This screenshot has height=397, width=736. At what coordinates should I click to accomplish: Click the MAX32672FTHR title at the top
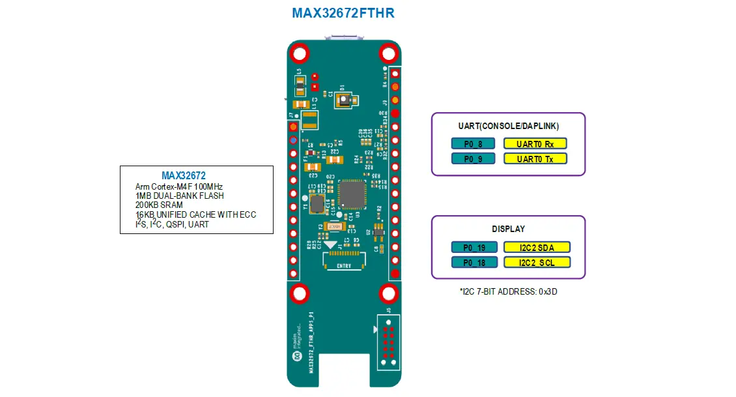[343, 13]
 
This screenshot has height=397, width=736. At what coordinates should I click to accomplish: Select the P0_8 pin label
[473, 143]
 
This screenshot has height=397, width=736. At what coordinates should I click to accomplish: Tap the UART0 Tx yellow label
[535, 158]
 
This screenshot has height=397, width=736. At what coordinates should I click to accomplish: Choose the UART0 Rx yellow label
[535, 143]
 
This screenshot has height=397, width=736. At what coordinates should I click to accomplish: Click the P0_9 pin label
[473, 158]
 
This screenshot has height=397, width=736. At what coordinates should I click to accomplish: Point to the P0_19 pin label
[474, 247]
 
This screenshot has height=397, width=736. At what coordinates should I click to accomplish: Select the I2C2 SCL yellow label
[537, 262]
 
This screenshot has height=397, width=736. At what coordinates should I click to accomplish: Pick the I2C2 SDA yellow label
[537, 247]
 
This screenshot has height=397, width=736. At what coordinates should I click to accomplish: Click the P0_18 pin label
[474, 262]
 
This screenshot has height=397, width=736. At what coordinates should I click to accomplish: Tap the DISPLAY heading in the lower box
[508, 229]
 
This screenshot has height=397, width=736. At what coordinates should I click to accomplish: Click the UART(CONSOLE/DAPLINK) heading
[508, 125]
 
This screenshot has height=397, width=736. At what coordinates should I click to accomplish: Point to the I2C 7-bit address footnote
[508, 292]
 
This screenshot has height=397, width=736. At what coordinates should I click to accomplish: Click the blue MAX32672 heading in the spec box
[184, 176]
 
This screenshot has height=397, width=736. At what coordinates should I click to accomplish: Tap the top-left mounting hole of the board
[300, 53]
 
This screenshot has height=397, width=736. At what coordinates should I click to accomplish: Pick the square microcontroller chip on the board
[353, 194]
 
